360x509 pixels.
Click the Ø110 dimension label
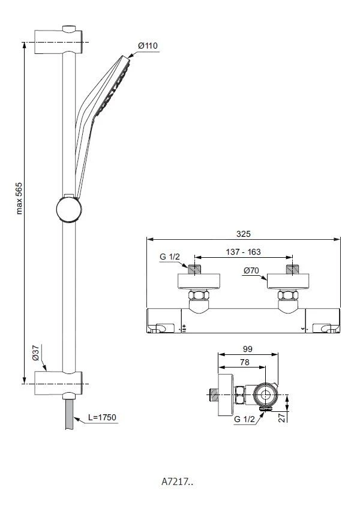pyautogui.click(x=147, y=46)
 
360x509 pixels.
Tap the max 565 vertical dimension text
pyautogui.click(x=19, y=198)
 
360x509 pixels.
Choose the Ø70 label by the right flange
pyautogui.click(x=252, y=270)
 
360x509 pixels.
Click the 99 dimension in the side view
pyautogui.click(x=247, y=348)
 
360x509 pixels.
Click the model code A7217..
pyautogui.click(x=176, y=481)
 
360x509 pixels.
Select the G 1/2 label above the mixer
pyautogui.click(x=169, y=258)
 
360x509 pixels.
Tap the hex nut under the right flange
pyautogui.click(x=287, y=296)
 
